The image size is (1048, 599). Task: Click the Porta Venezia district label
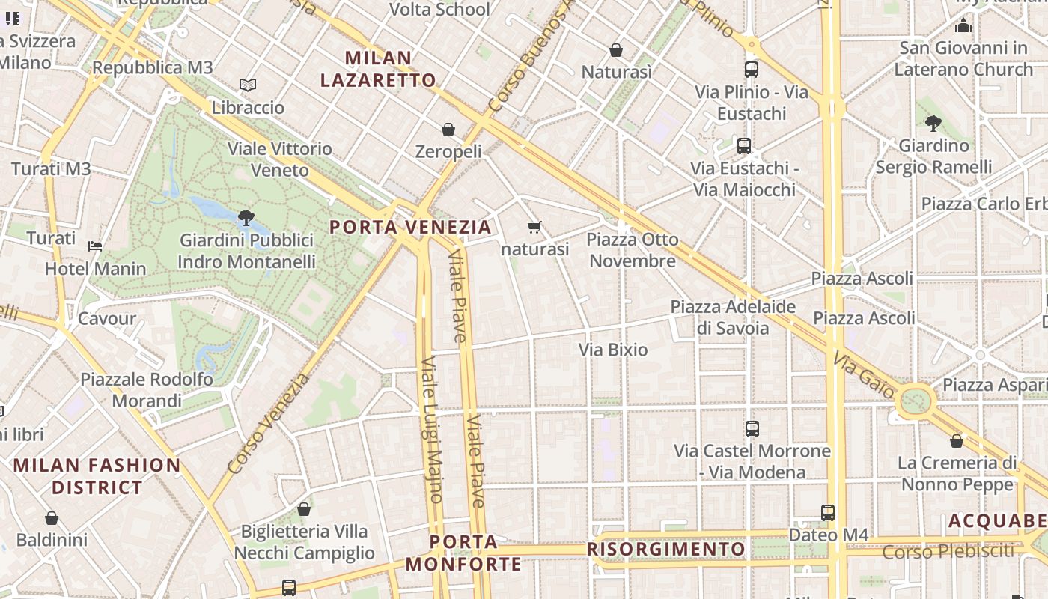(x=410, y=226)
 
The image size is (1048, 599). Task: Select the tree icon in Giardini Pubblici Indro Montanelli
(x=246, y=218)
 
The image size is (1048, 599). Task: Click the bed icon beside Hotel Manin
(x=95, y=246)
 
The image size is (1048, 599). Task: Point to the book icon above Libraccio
(x=248, y=85)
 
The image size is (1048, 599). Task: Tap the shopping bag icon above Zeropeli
(x=448, y=130)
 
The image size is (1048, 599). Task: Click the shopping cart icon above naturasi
(x=534, y=227)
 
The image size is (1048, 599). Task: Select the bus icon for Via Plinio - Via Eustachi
(x=752, y=70)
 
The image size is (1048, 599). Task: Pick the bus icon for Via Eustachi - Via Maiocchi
(x=743, y=146)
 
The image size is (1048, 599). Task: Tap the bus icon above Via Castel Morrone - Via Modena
(x=752, y=429)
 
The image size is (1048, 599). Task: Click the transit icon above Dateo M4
(x=828, y=513)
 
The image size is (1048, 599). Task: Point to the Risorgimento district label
(x=665, y=549)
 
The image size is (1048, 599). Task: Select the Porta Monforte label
(x=463, y=553)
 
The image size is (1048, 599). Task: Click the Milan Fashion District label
(x=97, y=476)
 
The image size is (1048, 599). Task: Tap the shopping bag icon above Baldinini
(x=52, y=518)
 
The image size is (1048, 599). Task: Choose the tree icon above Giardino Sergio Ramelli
(x=933, y=123)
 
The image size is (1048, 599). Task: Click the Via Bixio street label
(x=613, y=350)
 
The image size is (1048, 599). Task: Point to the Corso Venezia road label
(x=268, y=423)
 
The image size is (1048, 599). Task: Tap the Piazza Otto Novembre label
(x=633, y=250)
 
